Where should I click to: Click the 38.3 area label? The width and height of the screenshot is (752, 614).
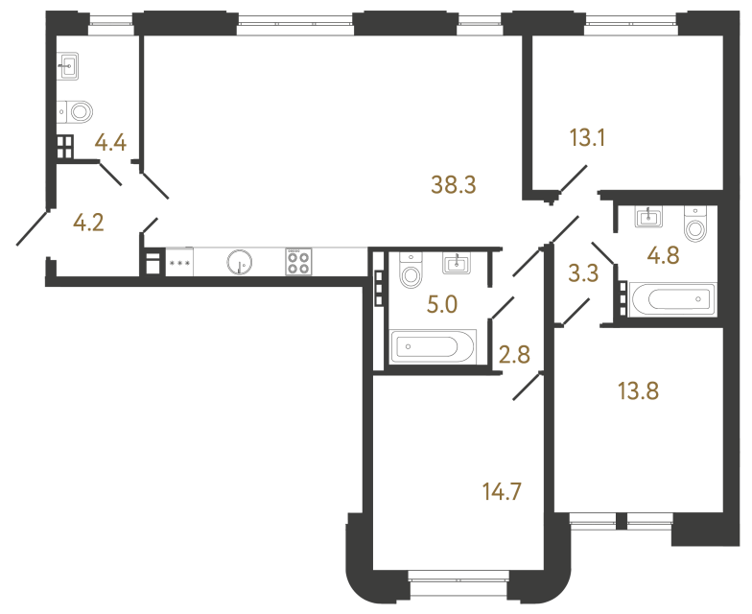(455, 185)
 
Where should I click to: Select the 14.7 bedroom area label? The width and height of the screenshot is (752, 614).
(503, 493)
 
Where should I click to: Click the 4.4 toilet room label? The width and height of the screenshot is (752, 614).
(110, 144)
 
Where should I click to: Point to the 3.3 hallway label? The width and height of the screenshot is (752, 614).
(583, 273)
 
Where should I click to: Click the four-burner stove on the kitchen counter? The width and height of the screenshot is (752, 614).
(297, 262)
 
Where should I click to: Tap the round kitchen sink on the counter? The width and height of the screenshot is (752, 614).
(239, 262)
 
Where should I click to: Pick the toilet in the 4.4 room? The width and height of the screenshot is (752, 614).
(75, 110)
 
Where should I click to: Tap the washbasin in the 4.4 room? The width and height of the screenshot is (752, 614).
(69, 67)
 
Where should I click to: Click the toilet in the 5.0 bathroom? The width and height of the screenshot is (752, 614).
(411, 272)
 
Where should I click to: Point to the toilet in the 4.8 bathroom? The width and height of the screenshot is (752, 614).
(695, 226)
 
